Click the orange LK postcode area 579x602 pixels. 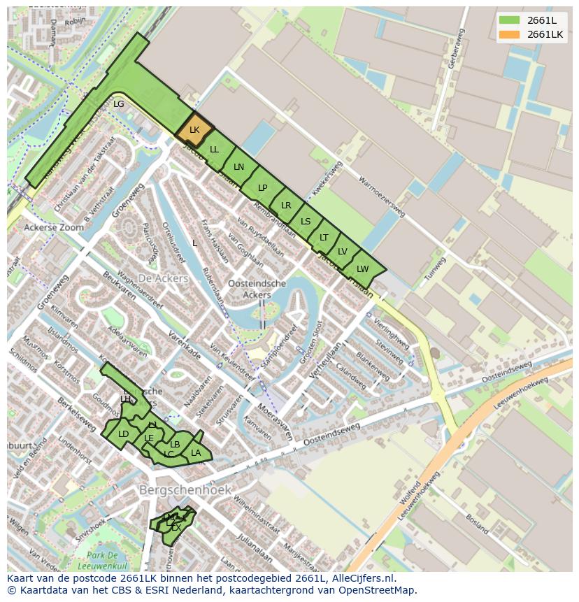pos(194,130)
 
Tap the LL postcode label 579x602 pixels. pos(215,150)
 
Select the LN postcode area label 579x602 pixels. pos(239,167)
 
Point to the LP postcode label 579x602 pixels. pos(263,187)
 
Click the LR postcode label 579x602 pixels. pos(286,206)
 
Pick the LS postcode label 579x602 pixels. pos(306,222)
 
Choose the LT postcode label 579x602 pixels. pos(324,238)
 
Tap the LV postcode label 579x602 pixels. pos(343,252)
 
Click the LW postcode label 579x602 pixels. pos(362,269)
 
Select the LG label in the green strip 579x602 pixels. pos(119,104)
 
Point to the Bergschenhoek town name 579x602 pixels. pos(185,490)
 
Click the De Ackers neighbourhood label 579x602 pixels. pos(163,278)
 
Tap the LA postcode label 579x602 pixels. pos(196,453)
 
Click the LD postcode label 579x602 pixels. pos(124,434)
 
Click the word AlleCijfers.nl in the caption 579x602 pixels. pos(362,578)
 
